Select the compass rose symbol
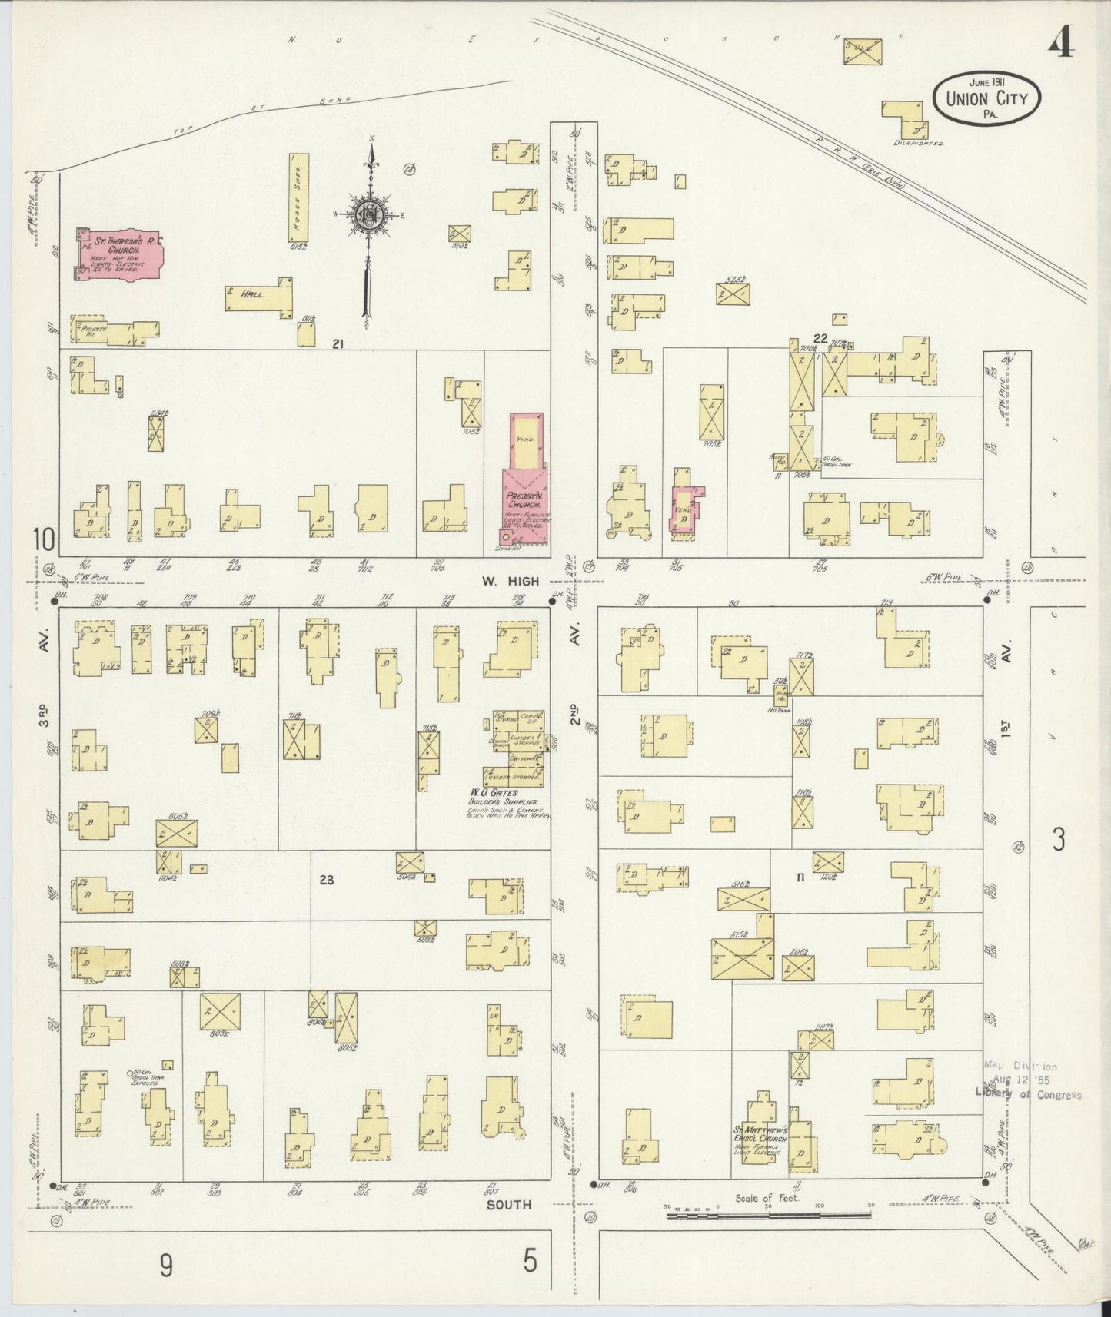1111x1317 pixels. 371,215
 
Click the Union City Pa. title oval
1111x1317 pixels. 986,98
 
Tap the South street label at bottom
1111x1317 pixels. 508,1204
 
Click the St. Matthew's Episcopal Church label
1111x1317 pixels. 758,1135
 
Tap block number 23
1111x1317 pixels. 327,880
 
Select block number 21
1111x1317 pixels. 337,344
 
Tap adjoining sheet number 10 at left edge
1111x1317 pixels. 44,540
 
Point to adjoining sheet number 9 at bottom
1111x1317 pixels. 166,1264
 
